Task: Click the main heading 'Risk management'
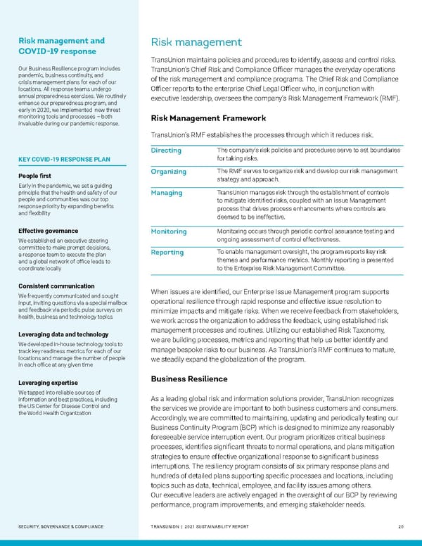point(196,42)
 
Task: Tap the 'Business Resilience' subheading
point(186,379)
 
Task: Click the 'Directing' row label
point(167,151)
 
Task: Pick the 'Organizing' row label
point(169,171)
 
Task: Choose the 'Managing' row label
point(167,193)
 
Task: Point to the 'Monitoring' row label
point(169,231)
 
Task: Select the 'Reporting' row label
point(168,252)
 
